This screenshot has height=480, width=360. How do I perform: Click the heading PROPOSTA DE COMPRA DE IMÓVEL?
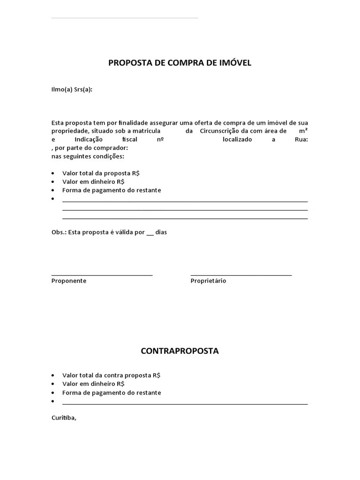[180, 62]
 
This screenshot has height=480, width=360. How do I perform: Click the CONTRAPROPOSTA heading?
[180, 351]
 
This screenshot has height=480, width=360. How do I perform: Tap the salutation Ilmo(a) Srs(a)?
[72, 90]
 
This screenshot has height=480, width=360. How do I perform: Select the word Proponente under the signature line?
[69, 281]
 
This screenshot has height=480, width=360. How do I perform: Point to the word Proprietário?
[208, 281]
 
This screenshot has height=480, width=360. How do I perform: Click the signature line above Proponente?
[102, 275]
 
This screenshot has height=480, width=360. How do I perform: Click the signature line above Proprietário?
[241, 275]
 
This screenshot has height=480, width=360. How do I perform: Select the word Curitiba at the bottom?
[63, 418]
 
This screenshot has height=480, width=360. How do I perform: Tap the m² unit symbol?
[303, 131]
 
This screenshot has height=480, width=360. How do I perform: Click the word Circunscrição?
[219, 131]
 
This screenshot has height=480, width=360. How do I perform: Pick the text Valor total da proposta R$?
[101, 173]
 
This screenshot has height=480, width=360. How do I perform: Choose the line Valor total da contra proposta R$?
[111, 375]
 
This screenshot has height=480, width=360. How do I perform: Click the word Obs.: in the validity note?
[59, 232]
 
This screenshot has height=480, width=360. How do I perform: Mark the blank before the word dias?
[150, 233]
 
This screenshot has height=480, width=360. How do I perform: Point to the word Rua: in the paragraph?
[301, 140]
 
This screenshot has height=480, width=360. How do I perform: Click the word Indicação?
[89, 140]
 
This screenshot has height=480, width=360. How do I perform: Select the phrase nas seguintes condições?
[88, 156]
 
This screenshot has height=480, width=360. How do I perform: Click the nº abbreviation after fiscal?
[159, 140]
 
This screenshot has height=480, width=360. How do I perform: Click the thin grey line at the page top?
[124, 18]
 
